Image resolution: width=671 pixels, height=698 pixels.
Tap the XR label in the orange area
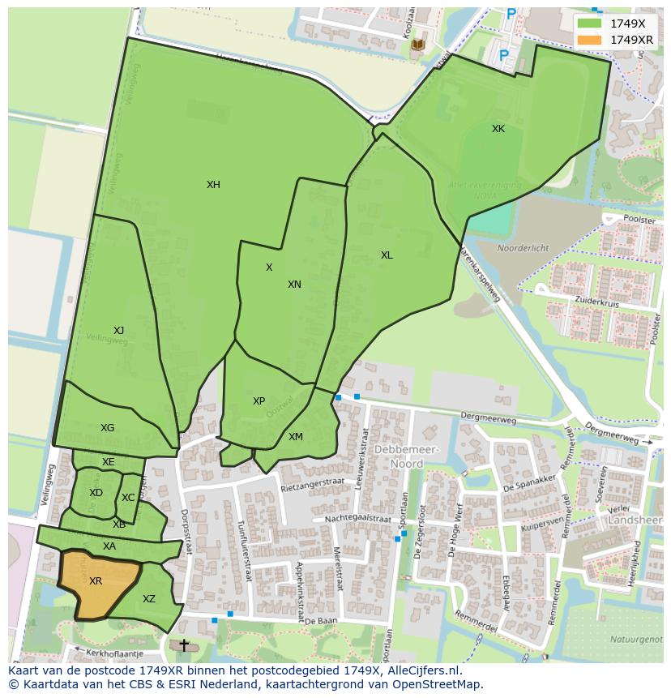point(96,581)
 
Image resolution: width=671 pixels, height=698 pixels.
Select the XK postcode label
point(498,129)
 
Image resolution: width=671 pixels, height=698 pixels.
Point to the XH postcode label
point(213,185)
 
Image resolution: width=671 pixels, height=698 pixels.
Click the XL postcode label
point(387,255)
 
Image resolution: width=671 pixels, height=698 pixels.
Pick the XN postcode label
point(294,285)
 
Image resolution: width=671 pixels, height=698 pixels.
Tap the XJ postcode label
point(118,330)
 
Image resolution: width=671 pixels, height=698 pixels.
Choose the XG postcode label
point(107,428)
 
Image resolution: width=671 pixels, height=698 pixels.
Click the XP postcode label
point(259,401)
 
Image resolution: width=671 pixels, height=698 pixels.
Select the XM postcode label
point(296,437)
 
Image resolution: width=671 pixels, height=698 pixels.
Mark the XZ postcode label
point(149,599)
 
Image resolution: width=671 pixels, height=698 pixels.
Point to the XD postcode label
point(96,493)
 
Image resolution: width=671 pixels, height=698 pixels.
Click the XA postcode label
point(109,546)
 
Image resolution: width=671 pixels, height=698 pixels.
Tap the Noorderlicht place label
point(523,249)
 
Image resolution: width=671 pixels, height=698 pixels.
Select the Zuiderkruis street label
point(596,300)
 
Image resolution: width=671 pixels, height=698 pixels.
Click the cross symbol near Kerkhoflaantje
point(184,645)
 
